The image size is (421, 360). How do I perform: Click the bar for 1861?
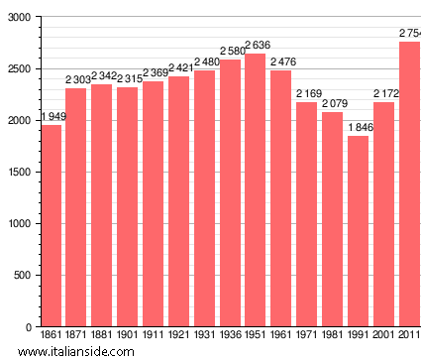pyautogui.click(x=52, y=225)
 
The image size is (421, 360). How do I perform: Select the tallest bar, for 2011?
pyautogui.click(x=409, y=183)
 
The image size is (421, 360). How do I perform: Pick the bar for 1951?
pyautogui.click(x=256, y=189)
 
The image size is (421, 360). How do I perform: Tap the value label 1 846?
pyautogui.click(x=358, y=128)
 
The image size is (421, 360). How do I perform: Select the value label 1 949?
pyautogui.click(x=53, y=117)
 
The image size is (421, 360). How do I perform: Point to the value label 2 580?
pyautogui.click(x=230, y=52)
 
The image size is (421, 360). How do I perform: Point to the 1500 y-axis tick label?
pyautogui.click(x=18, y=173)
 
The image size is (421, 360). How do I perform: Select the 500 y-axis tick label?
pyautogui.click(x=21, y=276)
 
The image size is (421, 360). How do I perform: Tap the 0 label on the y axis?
pyautogui.click(x=28, y=327)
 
